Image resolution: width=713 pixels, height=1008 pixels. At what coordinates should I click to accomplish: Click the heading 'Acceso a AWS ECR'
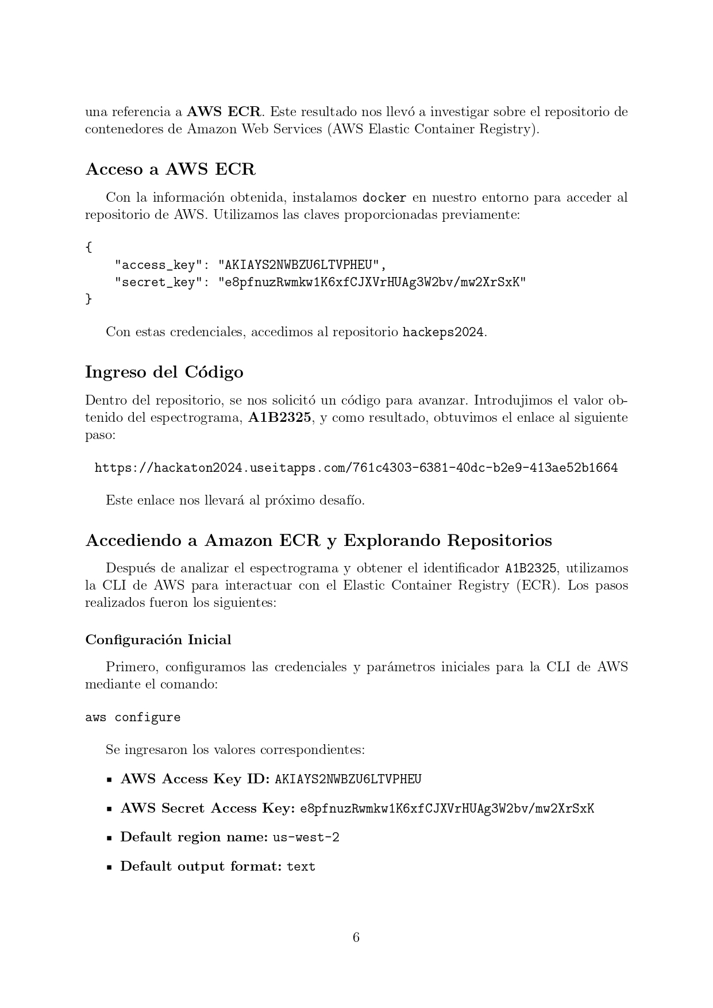[x=170, y=170]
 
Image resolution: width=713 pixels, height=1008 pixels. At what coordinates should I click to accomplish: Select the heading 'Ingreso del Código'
[x=164, y=372]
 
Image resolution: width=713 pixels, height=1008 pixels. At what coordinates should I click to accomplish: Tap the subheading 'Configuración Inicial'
[x=158, y=640]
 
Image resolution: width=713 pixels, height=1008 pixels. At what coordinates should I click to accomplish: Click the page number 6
[x=356, y=937]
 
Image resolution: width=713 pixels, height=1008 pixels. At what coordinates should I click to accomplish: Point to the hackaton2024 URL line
[x=356, y=468]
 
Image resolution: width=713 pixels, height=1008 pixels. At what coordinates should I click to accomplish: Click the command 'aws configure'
[x=133, y=717]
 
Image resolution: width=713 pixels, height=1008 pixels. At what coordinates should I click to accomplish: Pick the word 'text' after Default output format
[x=301, y=867]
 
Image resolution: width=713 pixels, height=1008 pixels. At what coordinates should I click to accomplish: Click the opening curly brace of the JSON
[x=88, y=248]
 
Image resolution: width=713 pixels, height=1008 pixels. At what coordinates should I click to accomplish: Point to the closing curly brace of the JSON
[x=88, y=299]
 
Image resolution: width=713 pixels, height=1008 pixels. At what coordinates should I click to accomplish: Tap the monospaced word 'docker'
[x=384, y=198]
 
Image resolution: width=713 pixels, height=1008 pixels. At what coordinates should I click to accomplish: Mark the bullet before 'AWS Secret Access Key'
[x=109, y=809]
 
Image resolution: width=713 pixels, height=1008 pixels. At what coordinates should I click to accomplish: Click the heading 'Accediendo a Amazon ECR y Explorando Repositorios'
[x=318, y=541]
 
